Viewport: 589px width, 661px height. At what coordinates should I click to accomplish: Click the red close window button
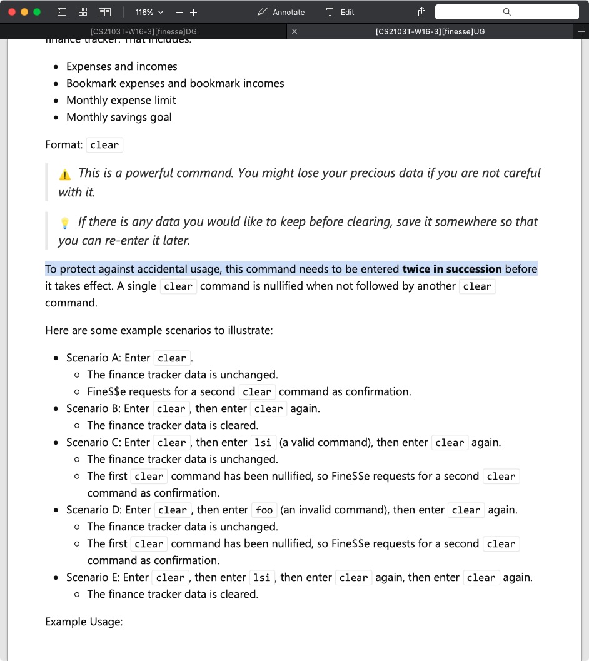pyautogui.click(x=12, y=12)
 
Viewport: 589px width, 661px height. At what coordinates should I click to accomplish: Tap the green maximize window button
pyautogui.click(x=37, y=12)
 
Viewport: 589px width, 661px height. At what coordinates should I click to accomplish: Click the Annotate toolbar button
pyautogui.click(x=281, y=12)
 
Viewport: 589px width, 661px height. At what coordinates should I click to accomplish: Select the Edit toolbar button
pyautogui.click(x=340, y=12)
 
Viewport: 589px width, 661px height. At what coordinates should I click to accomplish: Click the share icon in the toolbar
pyautogui.click(x=421, y=12)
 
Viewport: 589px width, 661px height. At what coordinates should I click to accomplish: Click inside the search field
pyautogui.click(x=506, y=12)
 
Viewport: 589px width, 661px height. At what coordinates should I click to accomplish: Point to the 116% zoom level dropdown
pyautogui.click(x=149, y=12)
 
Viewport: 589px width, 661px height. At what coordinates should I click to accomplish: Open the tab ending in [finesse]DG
pyautogui.click(x=144, y=31)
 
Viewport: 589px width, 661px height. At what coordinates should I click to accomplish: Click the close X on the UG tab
pyautogui.click(x=294, y=31)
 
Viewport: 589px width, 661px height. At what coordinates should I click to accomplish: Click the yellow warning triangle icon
pyautogui.click(x=65, y=174)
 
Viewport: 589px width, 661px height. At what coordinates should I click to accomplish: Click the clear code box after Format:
pyautogui.click(x=104, y=145)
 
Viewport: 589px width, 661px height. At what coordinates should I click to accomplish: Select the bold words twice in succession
pyautogui.click(x=452, y=269)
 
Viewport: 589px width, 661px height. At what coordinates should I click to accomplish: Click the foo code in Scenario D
pyautogui.click(x=264, y=510)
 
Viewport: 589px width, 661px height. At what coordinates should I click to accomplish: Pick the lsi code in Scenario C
pyautogui.click(x=263, y=443)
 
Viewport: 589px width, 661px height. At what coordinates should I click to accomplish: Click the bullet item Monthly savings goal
pyautogui.click(x=119, y=117)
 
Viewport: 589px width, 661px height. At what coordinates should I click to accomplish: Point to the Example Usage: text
pyautogui.click(x=84, y=622)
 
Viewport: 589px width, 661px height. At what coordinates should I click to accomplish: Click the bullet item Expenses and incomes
pyautogui.click(x=121, y=66)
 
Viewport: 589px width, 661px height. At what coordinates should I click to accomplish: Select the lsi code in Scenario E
pyautogui.click(x=261, y=578)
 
